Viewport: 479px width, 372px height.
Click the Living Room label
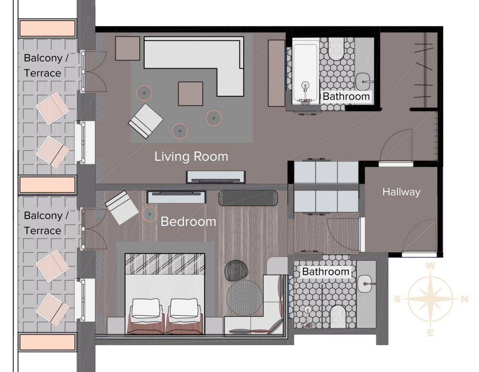191,157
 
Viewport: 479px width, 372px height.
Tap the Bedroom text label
188,222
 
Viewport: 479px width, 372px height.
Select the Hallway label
401,192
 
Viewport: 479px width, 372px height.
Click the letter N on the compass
464,299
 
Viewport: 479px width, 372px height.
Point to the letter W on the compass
431,266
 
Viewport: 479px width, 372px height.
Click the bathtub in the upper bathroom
306,71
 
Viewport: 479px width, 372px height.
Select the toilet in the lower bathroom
338,316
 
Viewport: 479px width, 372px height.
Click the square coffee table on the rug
191,94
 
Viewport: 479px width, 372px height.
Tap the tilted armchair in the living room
145,121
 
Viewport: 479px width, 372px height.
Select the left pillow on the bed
146,308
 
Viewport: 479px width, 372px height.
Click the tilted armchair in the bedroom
122,208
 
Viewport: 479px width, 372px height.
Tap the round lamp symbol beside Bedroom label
150,214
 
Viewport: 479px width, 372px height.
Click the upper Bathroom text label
346,96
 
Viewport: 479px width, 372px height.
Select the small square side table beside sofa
128,48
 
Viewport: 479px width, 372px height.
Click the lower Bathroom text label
325,272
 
